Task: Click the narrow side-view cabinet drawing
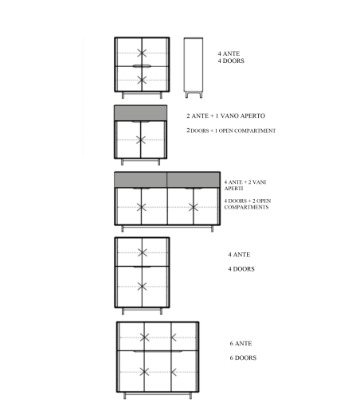194,68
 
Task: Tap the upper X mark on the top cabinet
142,53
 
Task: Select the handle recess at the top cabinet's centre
142,66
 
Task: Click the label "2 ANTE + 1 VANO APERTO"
225,115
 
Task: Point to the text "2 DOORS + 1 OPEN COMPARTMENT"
231,131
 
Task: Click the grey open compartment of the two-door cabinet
141,113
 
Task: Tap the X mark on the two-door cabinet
141,140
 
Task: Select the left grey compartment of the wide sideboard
141,180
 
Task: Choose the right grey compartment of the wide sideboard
194,180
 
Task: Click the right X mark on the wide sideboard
194,207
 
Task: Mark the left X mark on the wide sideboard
142,207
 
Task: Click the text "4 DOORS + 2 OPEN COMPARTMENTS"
248,204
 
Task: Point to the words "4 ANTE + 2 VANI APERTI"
245,185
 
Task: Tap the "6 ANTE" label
241,343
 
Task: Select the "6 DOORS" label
243,357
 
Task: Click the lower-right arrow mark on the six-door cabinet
174,372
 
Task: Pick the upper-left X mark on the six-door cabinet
144,338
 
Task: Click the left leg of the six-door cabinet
125,396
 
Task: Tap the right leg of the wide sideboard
212,228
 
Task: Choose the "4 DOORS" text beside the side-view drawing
231,60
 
